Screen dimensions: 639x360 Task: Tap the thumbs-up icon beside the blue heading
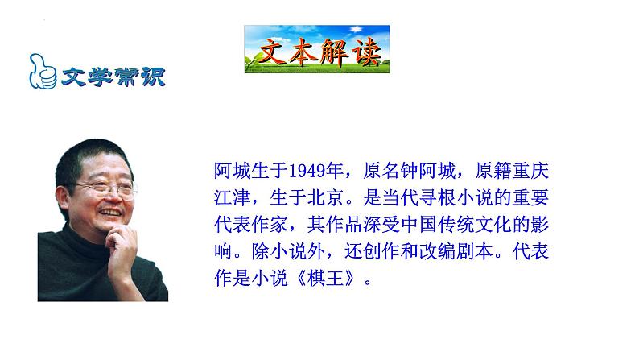pyautogui.click(x=43, y=72)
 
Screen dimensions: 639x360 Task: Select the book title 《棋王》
pyautogui.click(x=326, y=279)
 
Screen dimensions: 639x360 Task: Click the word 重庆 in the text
pyautogui.click(x=530, y=171)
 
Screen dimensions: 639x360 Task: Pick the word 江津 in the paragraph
pyautogui.click(x=233, y=198)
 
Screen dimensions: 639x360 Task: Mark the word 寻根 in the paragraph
pyautogui.click(x=437, y=198)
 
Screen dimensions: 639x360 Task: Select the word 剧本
pyautogui.click(x=474, y=251)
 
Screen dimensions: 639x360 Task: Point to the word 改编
pyautogui.click(x=437, y=251)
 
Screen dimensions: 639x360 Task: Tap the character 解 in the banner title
pyautogui.click(x=334, y=52)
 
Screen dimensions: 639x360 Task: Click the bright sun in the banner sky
pyautogui.click(x=357, y=29)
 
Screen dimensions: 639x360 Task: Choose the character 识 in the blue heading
pyautogui.click(x=153, y=77)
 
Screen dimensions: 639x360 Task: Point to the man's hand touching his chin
pyautogui.click(x=121, y=249)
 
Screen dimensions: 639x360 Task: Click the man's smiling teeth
pyautogui.click(x=110, y=212)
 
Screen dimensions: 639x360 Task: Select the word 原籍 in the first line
pyautogui.click(x=493, y=171)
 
